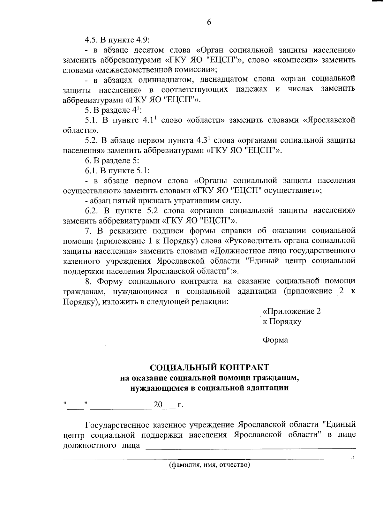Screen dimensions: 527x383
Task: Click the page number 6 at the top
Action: click(x=209, y=22)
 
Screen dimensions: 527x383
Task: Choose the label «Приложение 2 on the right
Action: click(x=291, y=312)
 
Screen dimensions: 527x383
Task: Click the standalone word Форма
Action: click(x=275, y=340)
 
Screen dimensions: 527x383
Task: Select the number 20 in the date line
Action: click(x=158, y=405)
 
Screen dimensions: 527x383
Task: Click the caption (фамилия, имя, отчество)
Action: click(x=209, y=465)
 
